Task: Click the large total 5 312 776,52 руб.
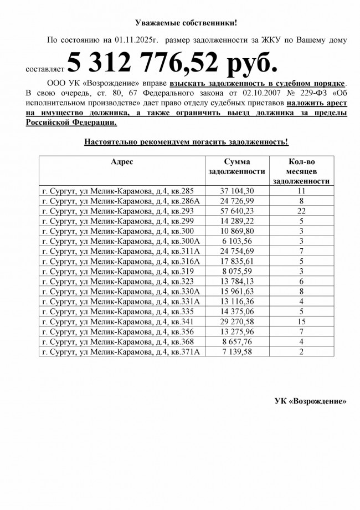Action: (x=172, y=63)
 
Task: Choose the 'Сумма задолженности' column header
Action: (x=236, y=167)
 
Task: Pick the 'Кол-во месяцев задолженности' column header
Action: (x=302, y=171)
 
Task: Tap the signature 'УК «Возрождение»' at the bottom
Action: (x=311, y=401)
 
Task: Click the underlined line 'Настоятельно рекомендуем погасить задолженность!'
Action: (x=186, y=142)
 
